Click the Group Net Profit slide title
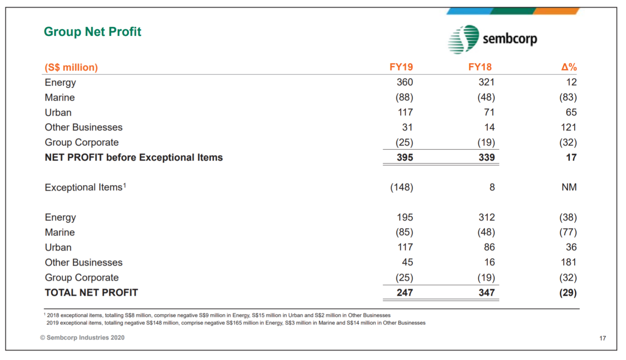93,32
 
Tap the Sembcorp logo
492,39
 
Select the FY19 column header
401,67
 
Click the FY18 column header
480,67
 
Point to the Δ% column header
569,67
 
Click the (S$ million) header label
71,67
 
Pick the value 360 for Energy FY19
405,82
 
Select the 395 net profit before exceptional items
405,158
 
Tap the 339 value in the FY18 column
487,158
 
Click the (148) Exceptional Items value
401,187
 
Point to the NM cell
569,187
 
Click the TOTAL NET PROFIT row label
91,293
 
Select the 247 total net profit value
405,293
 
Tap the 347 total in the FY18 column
487,293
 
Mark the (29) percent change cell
568,293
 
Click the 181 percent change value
569,262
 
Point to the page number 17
602,338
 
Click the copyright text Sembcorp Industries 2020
82,338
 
